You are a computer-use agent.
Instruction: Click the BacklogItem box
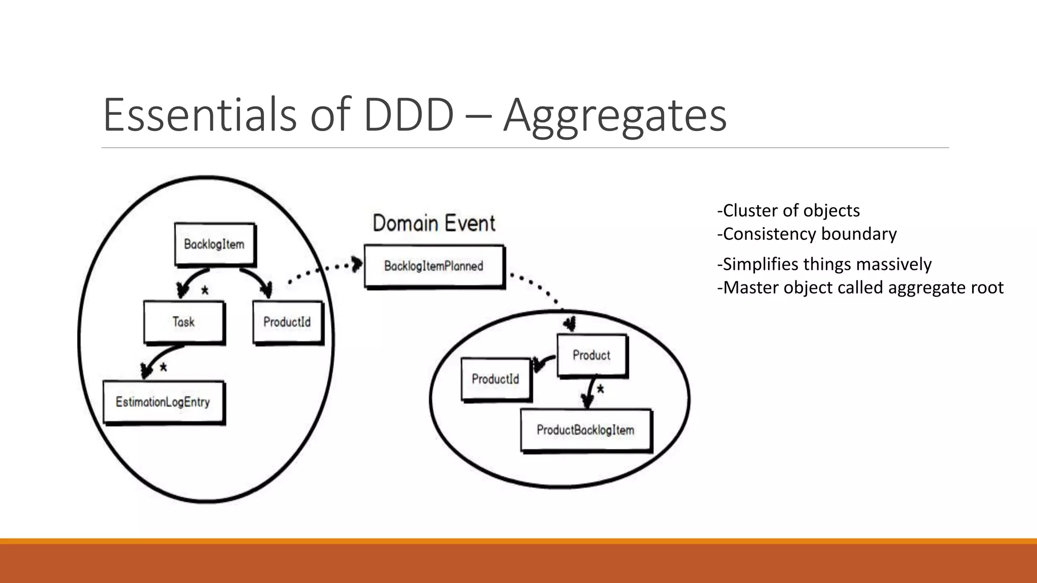point(214,244)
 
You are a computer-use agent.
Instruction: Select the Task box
point(184,322)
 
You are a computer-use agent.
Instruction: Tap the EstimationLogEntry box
point(163,402)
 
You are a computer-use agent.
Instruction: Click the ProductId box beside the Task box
point(287,322)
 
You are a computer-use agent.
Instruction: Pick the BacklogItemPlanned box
point(434,266)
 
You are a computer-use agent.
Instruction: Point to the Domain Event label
point(434,223)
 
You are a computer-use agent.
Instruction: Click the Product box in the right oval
point(591,355)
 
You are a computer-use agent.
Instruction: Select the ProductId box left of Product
point(496,379)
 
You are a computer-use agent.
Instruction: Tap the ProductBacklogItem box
point(586,430)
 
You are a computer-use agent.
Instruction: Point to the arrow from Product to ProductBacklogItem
point(590,391)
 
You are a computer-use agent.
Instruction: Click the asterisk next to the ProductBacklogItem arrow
point(601,390)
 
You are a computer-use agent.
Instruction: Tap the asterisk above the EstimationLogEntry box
point(163,368)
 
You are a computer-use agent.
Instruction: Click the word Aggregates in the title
point(615,115)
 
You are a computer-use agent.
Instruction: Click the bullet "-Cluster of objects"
point(788,211)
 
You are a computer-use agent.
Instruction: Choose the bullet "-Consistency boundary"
point(807,234)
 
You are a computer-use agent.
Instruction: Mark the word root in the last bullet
point(987,287)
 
